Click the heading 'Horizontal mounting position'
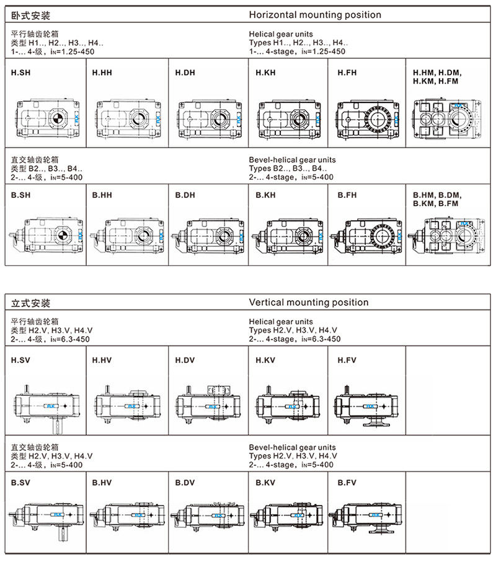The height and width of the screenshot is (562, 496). click(315, 14)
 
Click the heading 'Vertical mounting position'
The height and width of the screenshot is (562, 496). click(308, 303)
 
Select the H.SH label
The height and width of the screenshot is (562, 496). click(21, 73)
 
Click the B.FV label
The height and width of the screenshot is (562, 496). click(347, 482)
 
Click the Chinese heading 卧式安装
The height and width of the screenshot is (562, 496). click(31, 14)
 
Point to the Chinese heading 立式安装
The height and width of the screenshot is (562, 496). click(31, 303)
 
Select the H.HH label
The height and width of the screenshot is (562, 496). click(102, 73)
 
